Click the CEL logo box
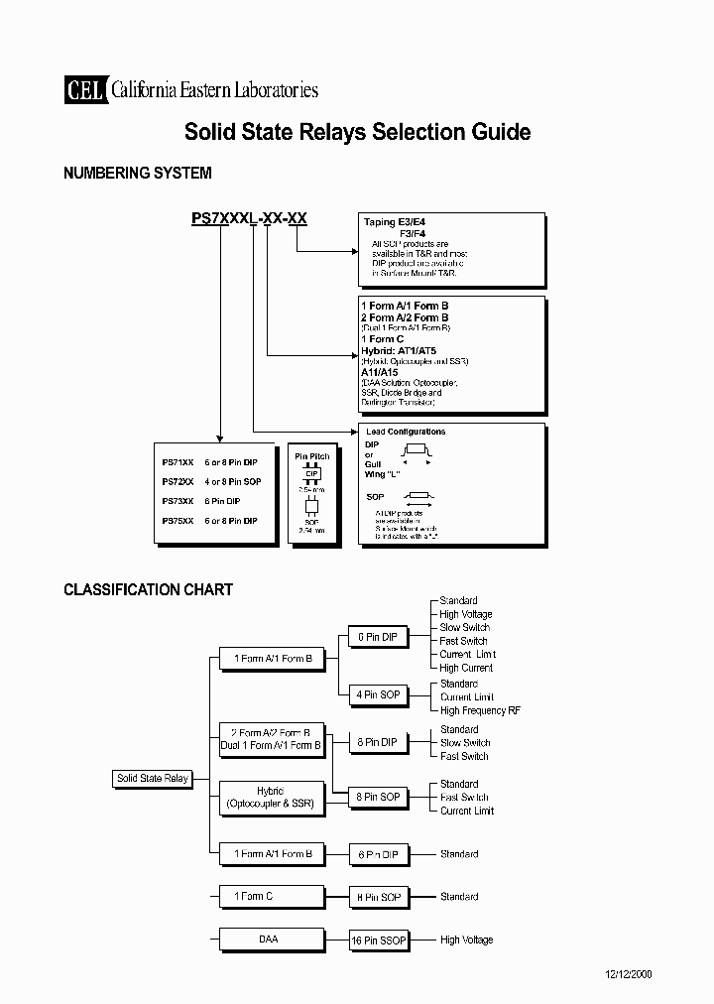coord(85,90)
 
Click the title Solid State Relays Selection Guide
coord(357,132)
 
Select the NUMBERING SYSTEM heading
coord(137,173)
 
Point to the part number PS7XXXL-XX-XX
coord(249,220)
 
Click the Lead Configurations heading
coord(406,432)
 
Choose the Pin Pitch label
coord(312,456)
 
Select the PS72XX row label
coord(178,481)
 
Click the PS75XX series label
coord(178,520)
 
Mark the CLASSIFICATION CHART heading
coord(148,589)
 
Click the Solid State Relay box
coord(153,779)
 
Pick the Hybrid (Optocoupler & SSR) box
coord(271,798)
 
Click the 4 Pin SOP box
coord(377,694)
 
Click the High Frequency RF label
coord(480,710)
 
